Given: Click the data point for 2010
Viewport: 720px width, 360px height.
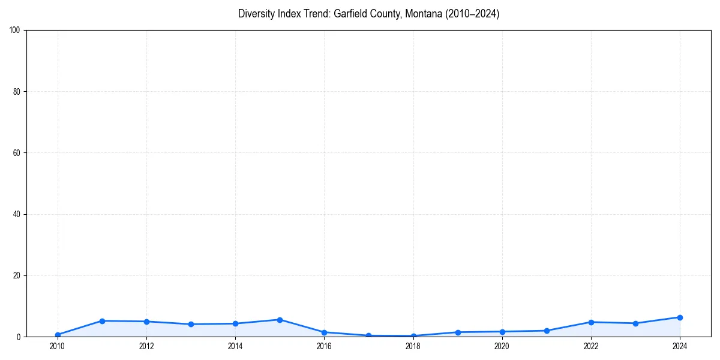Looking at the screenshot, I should [x=58, y=335].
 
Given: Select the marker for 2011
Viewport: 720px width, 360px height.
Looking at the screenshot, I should [x=102, y=321].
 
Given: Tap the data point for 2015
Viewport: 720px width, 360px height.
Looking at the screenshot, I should [x=280, y=320].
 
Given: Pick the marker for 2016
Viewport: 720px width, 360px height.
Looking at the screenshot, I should [x=324, y=332].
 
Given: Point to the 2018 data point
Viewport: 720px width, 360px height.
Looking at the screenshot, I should [x=413, y=336].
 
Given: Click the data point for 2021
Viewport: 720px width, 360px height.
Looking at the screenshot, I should [x=547, y=331].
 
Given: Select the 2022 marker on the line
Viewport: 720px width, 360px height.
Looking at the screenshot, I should [x=591, y=322].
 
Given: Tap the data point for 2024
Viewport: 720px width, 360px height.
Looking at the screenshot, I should [x=680, y=317].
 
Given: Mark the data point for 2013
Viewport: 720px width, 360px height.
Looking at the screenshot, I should [x=191, y=324].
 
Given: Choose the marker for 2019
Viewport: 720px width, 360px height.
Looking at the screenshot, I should [x=458, y=332].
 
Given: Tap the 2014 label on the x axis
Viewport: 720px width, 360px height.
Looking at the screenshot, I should [x=235, y=346].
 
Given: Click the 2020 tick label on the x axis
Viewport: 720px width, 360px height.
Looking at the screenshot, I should [x=502, y=346].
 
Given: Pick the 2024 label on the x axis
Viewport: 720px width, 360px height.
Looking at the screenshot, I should [x=680, y=346].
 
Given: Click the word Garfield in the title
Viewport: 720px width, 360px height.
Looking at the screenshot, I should [x=350, y=14].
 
